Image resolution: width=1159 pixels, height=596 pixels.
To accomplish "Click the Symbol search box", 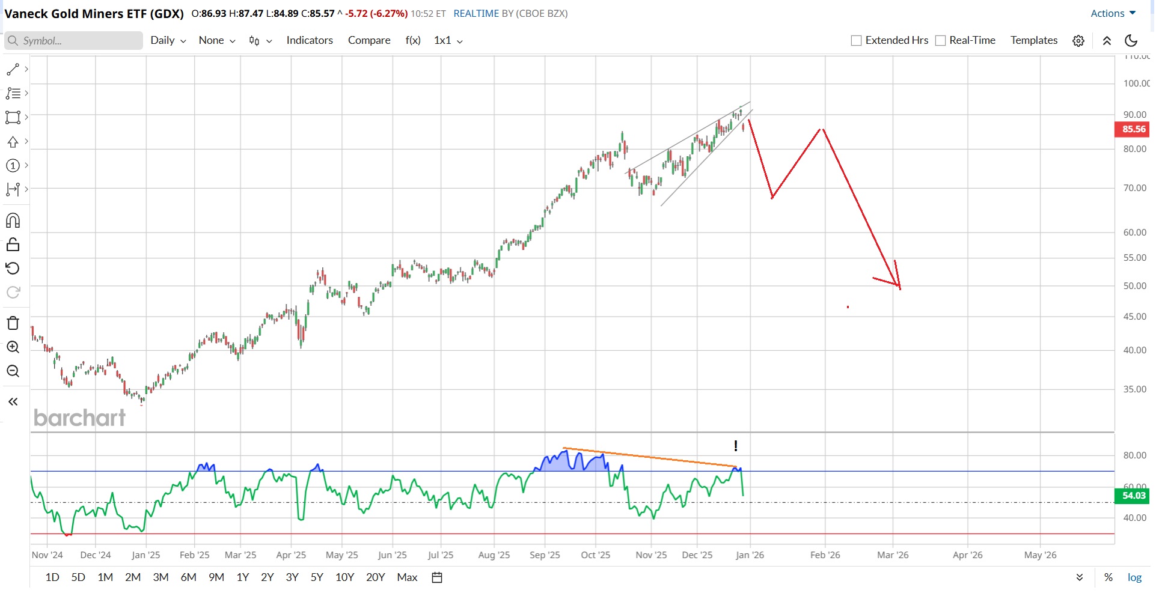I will [x=73, y=41].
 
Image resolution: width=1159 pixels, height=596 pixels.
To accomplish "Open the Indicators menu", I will [x=310, y=40].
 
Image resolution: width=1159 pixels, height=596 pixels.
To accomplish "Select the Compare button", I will [x=369, y=40].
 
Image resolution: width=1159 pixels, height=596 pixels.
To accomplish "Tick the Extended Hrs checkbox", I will [x=857, y=41].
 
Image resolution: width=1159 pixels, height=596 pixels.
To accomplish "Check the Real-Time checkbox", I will [x=941, y=41].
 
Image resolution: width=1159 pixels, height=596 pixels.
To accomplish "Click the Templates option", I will [x=1034, y=40].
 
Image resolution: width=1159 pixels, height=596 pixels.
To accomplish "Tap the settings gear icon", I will [x=1078, y=41].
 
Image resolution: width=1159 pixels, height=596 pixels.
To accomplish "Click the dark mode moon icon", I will [x=1131, y=40].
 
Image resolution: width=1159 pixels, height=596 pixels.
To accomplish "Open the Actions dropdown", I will [x=1113, y=13].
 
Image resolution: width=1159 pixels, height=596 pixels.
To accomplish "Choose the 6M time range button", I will [x=189, y=577].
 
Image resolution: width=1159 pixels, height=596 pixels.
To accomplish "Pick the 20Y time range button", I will [x=376, y=577].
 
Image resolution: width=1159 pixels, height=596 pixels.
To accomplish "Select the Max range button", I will [x=407, y=577].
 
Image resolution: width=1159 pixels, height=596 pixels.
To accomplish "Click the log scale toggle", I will [x=1134, y=577].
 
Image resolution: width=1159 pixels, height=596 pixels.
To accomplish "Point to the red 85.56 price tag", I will [x=1133, y=129].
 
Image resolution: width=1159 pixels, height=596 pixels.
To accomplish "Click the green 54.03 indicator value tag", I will [x=1133, y=496].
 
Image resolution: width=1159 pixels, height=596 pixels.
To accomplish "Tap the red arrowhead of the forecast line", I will [x=898, y=285].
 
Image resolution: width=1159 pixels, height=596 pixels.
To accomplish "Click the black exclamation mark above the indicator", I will [x=736, y=446].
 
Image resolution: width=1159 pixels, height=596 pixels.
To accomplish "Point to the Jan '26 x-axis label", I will [x=750, y=555].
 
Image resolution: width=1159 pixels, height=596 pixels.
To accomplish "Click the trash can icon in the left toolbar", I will [x=13, y=323].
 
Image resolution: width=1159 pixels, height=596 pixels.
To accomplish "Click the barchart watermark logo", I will [x=79, y=418].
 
